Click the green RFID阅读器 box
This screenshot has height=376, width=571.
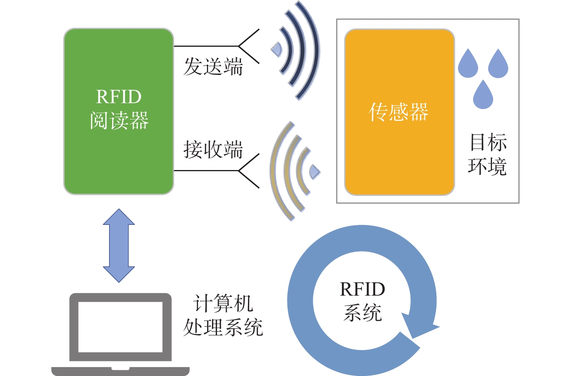(118, 70)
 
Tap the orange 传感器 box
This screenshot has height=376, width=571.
(399, 155)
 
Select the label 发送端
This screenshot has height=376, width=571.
(213, 66)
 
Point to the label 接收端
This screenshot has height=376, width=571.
(213, 150)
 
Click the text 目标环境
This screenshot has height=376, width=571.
(487, 155)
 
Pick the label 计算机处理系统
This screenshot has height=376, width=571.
(223, 315)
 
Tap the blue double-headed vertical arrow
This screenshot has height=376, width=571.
(119, 245)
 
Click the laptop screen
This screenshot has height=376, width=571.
(120, 327)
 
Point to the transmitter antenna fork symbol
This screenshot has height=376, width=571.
(248, 46)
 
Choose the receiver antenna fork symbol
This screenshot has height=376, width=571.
(248, 170)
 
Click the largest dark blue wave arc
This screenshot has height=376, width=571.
(312, 50)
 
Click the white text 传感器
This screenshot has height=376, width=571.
(399, 112)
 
